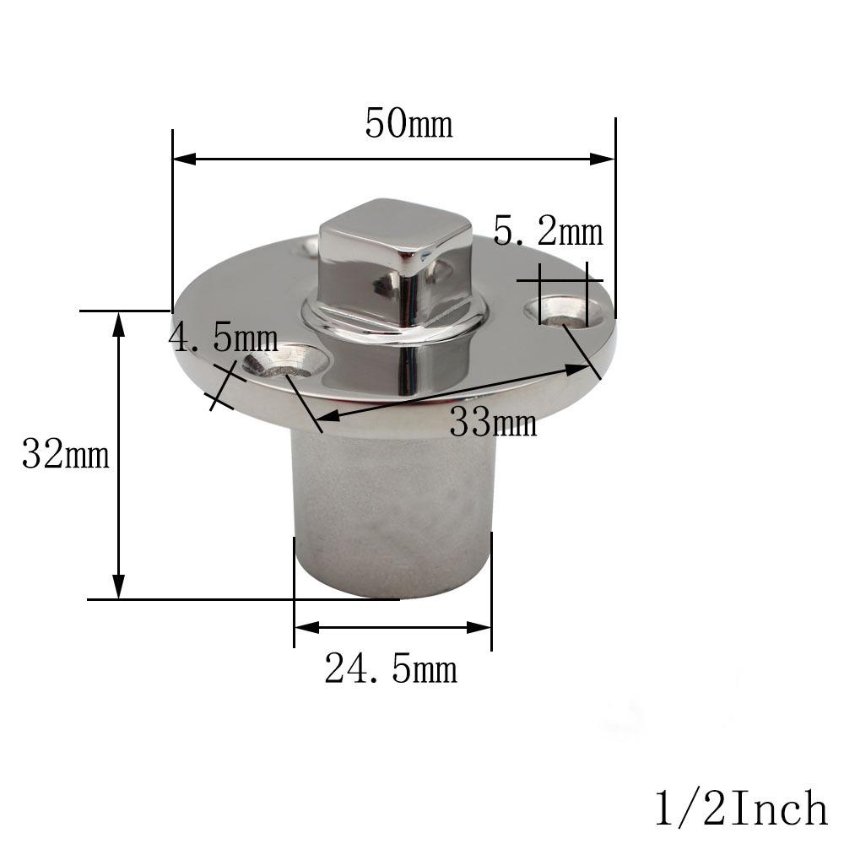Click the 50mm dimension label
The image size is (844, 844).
[x=408, y=124]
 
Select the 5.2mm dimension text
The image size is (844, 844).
[x=548, y=232]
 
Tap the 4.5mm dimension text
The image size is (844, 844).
[x=224, y=339]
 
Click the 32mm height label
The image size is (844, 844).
[x=66, y=455]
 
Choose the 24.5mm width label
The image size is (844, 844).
[x=391, y=670]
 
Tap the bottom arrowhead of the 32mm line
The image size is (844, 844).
[x=119, y=587]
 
